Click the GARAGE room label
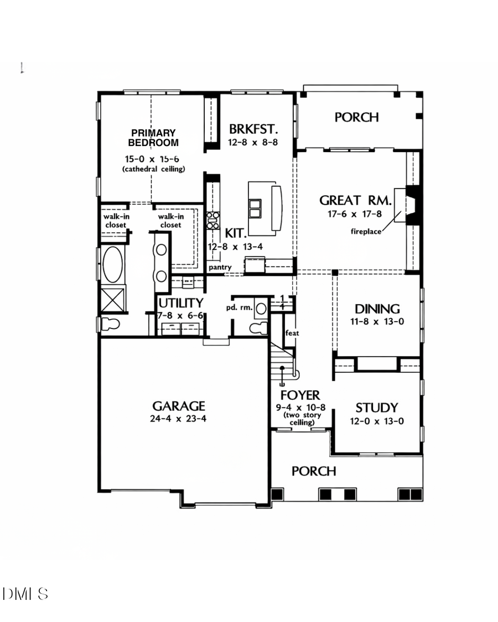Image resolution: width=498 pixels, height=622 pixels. [x=179, y=406]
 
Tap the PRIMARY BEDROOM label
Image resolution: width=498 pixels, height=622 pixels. [x=154, y=138]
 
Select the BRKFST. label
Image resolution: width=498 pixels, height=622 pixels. [x=253, y=129]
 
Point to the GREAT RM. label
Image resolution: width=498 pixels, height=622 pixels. [x=356, y=200]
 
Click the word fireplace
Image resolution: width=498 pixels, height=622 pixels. [x=366, y=232]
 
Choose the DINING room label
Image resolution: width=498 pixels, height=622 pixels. [x=377, y=309]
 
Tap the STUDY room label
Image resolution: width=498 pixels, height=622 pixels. [x=376, y=408]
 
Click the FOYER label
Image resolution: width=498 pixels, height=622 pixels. [x=300, y=395]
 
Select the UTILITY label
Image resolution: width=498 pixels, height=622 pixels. [x=180, y=303]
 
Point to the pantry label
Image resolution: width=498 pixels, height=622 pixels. [x=220, y=268]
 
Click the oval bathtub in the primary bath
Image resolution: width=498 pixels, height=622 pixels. [x=113, y=264]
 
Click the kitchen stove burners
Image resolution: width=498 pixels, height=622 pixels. [x=212, y=220]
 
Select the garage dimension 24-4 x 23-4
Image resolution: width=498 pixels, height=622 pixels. [x=179, y=419]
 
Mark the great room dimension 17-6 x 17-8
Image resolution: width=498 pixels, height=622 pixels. [x=356, y=213]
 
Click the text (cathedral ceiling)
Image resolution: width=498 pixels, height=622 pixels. [x=154, y=169]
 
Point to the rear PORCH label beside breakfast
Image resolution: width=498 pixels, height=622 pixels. [x=357, y=117]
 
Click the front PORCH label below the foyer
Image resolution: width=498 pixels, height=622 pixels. [x=314, y=471]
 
